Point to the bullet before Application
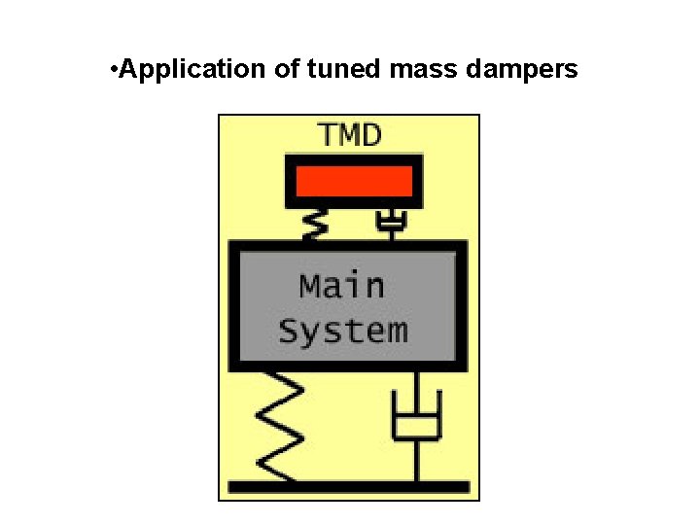tap(115, 70)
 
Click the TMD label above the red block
tap(350, 134)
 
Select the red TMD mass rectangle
tap(354, 181)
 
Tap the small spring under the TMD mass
tap(313, 225)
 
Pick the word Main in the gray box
tap(342, 286)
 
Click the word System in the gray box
tap(343, 331)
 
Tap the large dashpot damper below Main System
tap(417, 418)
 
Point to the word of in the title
tap(287, 70)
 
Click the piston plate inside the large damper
tap(417, 426)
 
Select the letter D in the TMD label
tap(371, 134)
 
